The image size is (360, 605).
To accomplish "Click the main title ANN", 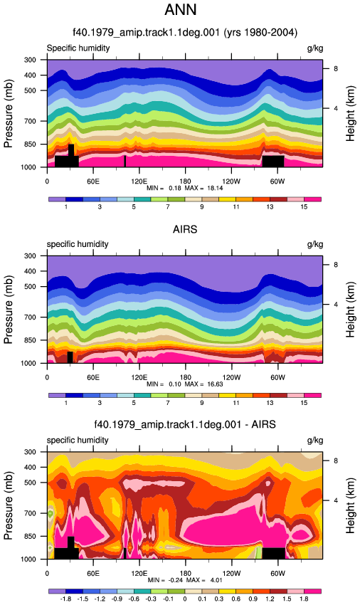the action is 181,9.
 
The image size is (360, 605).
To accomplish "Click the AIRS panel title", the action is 185,229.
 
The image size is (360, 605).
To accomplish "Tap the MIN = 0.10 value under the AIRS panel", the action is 164,384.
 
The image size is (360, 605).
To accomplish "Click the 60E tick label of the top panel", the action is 93,181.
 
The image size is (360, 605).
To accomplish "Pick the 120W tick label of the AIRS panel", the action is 231,377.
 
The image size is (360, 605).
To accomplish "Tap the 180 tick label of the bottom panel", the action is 185,574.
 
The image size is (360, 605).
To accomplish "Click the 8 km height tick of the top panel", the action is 336,68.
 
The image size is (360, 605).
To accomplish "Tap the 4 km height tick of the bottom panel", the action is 336,500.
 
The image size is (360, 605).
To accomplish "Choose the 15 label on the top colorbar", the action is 304,207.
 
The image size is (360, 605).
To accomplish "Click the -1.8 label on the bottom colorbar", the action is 65,599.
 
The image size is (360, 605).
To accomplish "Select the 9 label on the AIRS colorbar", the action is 202,403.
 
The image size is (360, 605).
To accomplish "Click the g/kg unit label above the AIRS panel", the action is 315,244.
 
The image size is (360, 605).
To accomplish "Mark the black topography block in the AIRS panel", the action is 70,357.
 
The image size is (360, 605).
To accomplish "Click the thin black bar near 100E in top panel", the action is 125,162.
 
